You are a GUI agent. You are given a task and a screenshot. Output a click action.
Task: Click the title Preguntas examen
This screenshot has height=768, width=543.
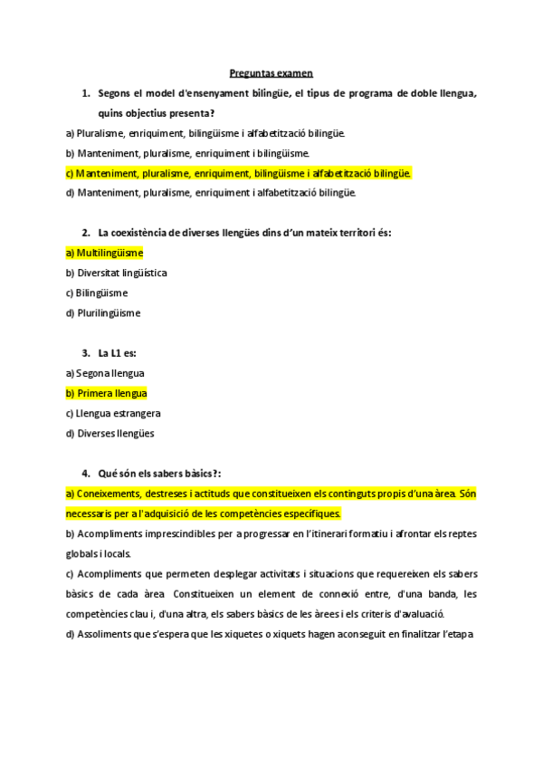pyautogui.click(x=271, y=74)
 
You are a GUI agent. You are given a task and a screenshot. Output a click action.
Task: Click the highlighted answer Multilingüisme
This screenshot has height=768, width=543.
pyautogui.click(x=104, y=253)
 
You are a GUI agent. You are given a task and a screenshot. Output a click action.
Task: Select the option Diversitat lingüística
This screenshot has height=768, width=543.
pyautogui.click(x=120, y=273)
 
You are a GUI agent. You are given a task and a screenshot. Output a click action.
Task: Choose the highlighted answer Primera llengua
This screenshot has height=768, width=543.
pyautogui.click(x=106, y=393)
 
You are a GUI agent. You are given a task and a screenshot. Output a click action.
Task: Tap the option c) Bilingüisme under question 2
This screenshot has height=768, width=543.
pyautogui.click(x=97, y=293)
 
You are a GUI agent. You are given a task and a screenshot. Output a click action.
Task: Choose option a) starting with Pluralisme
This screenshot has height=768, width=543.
pyautogui.click(x=205, y=133)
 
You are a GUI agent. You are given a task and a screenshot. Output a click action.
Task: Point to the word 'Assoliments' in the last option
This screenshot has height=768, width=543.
pyautogui.click(x=107, y=634)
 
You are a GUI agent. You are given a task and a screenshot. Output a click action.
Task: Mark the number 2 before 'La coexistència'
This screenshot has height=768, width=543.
pyautogui.click(x=85, y=233)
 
